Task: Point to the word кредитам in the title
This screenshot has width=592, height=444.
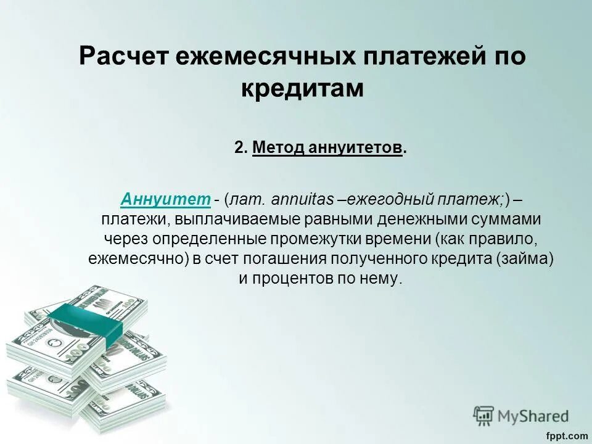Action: click(x=302, y=88)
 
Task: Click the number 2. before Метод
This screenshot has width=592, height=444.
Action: click(x=241, y=148)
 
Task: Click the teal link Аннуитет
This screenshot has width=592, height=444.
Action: click(x=166, y=199)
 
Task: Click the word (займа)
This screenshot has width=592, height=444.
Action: click(x=525, y=258)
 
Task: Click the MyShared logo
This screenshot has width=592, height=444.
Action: click(x=522, y=415)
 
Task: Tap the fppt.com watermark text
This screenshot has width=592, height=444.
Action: click(x=567, y=436)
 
